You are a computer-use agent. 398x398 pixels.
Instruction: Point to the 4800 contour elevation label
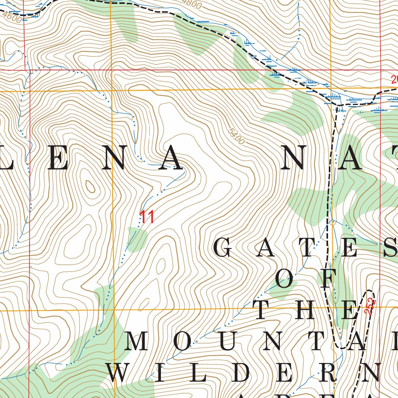click(x=192, y=4)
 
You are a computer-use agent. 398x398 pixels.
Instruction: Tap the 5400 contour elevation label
click(x=236, y=136)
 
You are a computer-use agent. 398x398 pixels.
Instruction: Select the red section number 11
click(x=147, y=217)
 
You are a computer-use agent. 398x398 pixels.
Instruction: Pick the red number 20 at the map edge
click(x=394, y=80)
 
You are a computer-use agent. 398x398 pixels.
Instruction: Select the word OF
click(x=305, y=279)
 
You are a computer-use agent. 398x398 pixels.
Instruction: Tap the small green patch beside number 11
click(x=138, y=239)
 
